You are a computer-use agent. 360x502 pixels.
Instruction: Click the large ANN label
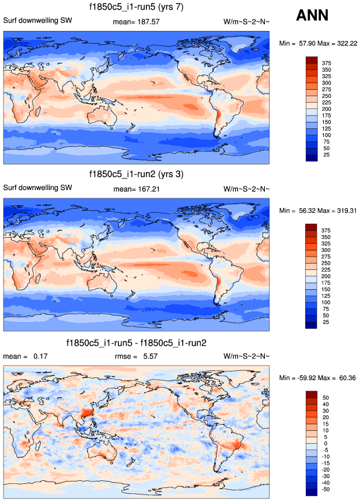pyautogui.click(x=312, y=16)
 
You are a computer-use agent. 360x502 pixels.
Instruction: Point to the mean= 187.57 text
pyautogui.click(x=137, y=22)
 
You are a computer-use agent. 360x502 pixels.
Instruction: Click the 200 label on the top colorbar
pyautogui.click(x=327, y=109)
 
